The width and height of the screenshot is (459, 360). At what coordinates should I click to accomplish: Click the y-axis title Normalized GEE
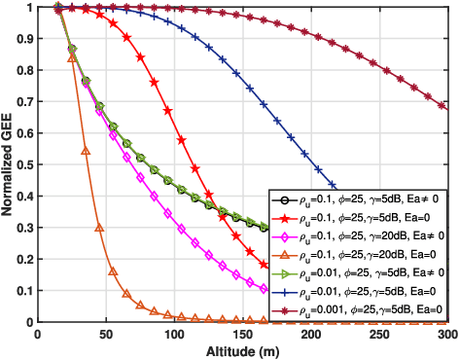pos(8,163)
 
